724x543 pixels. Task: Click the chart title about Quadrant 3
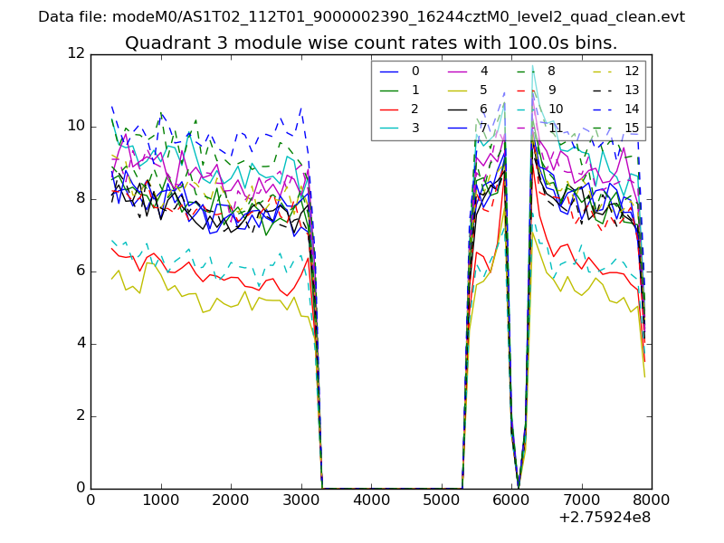pos(371,43)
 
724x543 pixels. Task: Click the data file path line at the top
pos(361,16)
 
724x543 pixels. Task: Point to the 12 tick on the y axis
pos(78,54)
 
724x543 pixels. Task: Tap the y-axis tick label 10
pos(78,127)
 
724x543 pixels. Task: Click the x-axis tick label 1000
pos(160,500)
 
